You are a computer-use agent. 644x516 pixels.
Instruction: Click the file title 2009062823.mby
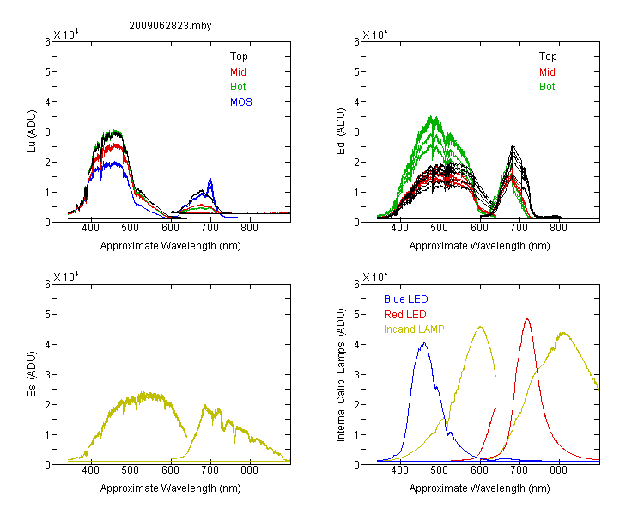coord(170,26)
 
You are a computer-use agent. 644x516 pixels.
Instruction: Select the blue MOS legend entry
coord(241,102)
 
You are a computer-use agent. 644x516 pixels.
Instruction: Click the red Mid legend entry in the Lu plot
coord(238,72)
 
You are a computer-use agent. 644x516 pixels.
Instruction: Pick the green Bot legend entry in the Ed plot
coord(547,87)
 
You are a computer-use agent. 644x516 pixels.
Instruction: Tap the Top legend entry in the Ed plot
coord(548,57)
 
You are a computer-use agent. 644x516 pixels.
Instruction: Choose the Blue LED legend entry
coord(406,299)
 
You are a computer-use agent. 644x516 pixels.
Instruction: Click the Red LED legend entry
coord(405,315)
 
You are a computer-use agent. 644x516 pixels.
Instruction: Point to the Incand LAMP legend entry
coord(414,329)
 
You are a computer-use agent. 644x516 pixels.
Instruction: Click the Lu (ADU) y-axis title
coord(32,132)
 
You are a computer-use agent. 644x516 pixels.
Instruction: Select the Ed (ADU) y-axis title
coord(341,132)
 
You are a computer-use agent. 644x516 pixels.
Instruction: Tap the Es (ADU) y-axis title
coord(32,373)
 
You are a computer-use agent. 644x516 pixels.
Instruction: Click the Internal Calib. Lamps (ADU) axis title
coord(341,375)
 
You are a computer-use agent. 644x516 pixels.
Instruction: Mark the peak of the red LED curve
coord(527,318)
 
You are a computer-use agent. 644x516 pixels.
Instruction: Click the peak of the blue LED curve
coord(424,343)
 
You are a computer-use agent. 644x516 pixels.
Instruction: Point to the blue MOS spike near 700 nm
coord(210,178)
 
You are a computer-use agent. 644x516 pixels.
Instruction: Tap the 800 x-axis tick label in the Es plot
coord(249,470)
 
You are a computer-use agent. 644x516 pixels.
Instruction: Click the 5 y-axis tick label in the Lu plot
coord(47,72)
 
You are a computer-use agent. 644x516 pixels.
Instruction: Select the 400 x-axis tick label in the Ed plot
coord(399,228)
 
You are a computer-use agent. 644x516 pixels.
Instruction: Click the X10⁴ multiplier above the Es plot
coord(66,277)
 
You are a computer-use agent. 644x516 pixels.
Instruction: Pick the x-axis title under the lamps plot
coord(479,488)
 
